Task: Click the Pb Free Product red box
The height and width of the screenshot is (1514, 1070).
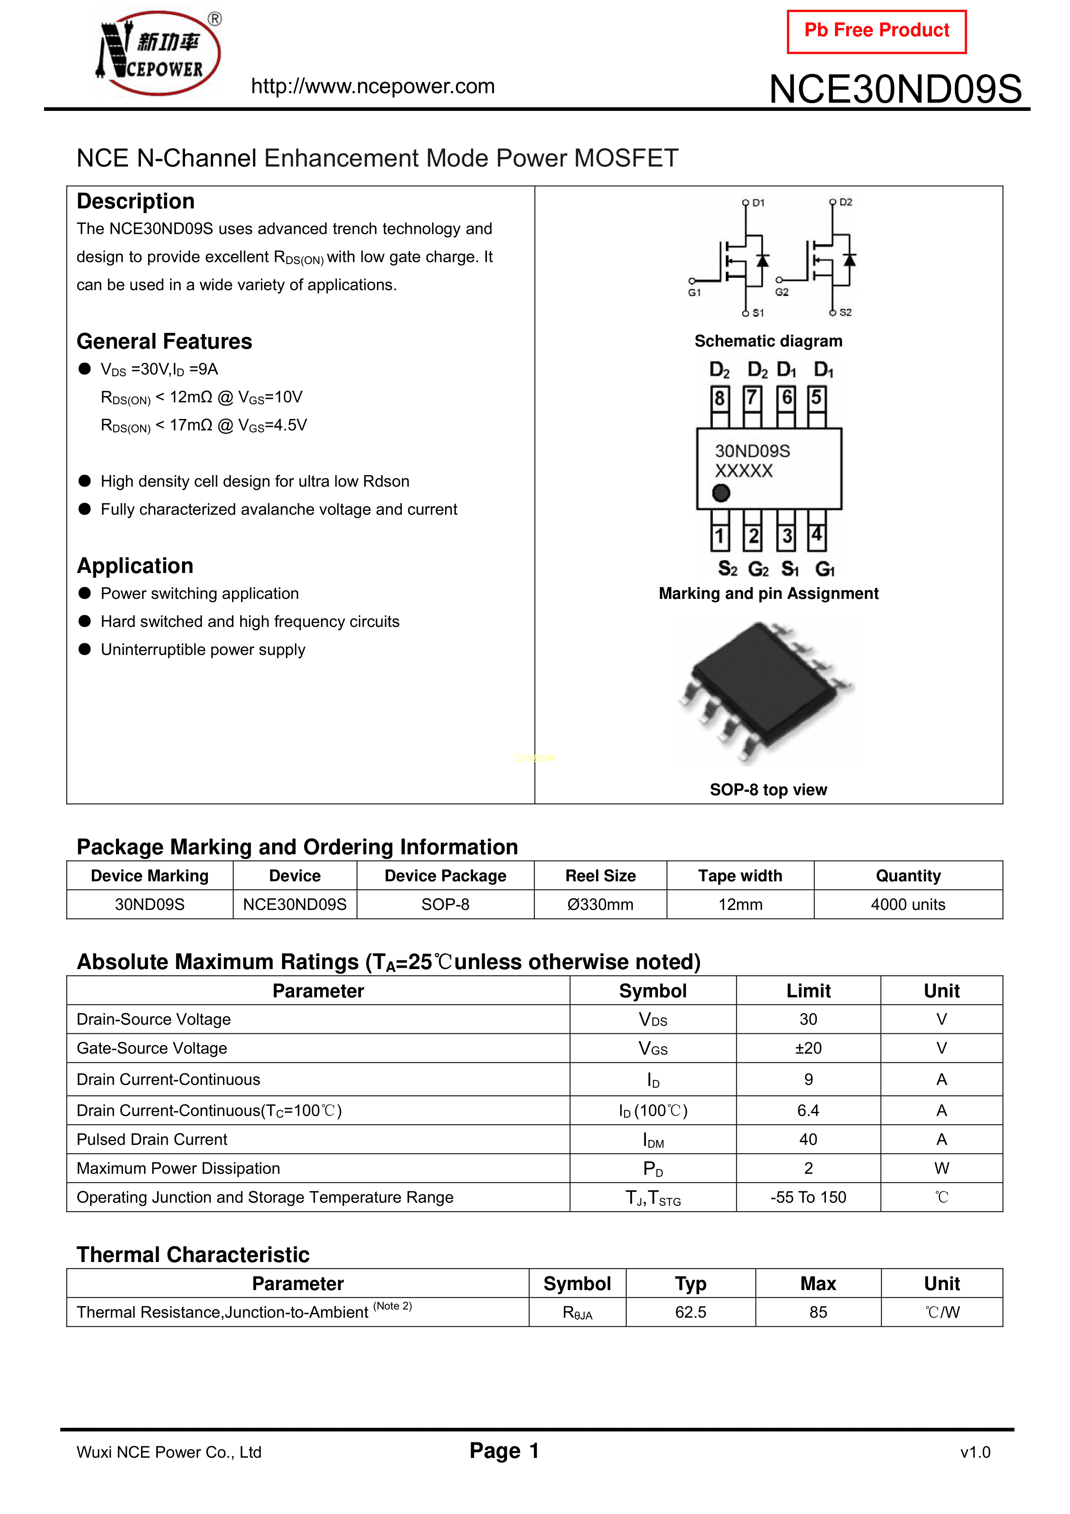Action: coord(876,31)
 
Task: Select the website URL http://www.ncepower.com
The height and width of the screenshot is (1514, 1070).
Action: coord(373,86)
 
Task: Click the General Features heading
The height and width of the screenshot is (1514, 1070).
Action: coord(164,342)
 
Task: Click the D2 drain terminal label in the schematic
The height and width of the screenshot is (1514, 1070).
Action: coord(845,202)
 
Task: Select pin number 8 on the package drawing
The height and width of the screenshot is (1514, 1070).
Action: coord(719,398)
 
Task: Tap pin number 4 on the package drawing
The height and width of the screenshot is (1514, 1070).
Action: coord(817,534)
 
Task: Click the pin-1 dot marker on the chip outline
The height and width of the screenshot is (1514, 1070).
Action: coord(721,493)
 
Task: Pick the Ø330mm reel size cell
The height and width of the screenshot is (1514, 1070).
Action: coord(600,905)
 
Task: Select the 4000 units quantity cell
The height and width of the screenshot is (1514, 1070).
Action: coord(908,905)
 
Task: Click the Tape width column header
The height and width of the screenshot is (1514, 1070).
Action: coord(740,876)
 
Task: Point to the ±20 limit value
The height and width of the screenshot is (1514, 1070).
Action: coord(808,1048)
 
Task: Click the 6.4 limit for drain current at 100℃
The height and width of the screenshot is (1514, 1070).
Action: coord(808,1111)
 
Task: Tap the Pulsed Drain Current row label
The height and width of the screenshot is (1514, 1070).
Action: coord(152,1139)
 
